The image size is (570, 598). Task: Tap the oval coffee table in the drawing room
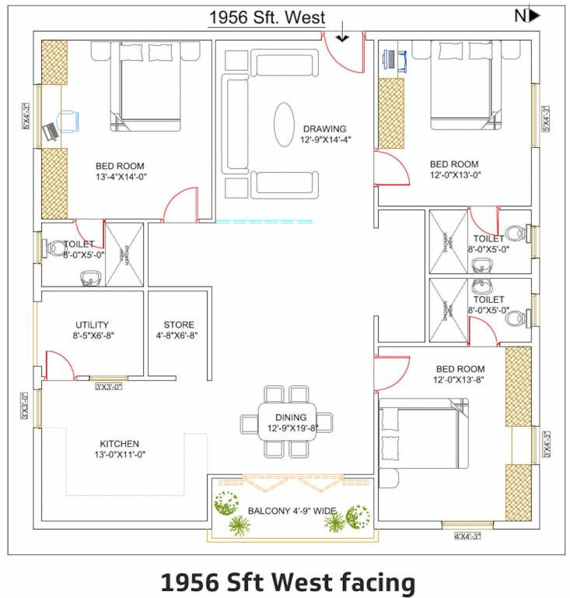[x=283, y=123]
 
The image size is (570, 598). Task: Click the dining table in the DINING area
[x=287, y=422]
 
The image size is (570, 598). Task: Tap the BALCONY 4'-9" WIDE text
[x=292, y=511]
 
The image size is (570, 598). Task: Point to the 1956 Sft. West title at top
[x=266, y=18]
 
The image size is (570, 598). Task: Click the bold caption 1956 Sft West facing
[x=288, y=582]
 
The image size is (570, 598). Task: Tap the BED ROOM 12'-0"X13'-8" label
[x=460, y=374]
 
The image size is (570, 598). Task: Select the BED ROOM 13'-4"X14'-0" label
[x=120, y=171]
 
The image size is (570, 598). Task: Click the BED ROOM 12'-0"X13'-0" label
[x=454, y=170]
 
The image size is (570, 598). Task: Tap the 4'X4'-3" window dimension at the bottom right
[x=467, y=536]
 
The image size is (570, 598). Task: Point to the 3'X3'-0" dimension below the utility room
[x=108, y=385]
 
